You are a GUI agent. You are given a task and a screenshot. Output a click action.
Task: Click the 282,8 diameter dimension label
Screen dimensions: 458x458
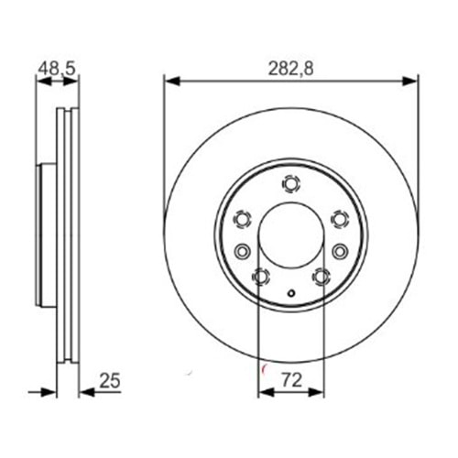[290, 67]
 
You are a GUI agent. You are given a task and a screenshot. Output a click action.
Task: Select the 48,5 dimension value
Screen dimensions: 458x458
[56, 67]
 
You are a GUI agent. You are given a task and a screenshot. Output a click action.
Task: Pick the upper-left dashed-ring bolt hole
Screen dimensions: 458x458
[243, 218]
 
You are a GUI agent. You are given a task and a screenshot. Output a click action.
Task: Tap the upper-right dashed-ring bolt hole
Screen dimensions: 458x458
[339, 218]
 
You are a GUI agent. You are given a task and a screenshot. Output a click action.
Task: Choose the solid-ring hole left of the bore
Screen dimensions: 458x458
[243, 251]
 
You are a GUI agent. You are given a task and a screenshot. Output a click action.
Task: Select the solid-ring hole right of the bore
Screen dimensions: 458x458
[339, 251]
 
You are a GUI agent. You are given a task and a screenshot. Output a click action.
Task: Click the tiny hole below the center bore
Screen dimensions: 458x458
[290, 294]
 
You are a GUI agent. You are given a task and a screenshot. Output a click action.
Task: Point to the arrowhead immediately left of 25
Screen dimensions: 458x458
[87, 391]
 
